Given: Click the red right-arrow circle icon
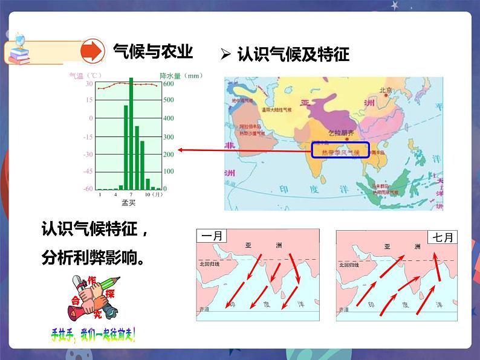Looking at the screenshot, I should [93, 51].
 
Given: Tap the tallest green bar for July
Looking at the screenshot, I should [131, 133].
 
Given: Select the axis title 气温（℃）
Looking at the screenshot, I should [84, 76].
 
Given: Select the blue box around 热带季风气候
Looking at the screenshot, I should [340, 150].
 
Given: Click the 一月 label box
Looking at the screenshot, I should [212, 237].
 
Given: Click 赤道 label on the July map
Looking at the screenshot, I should [344, 309].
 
